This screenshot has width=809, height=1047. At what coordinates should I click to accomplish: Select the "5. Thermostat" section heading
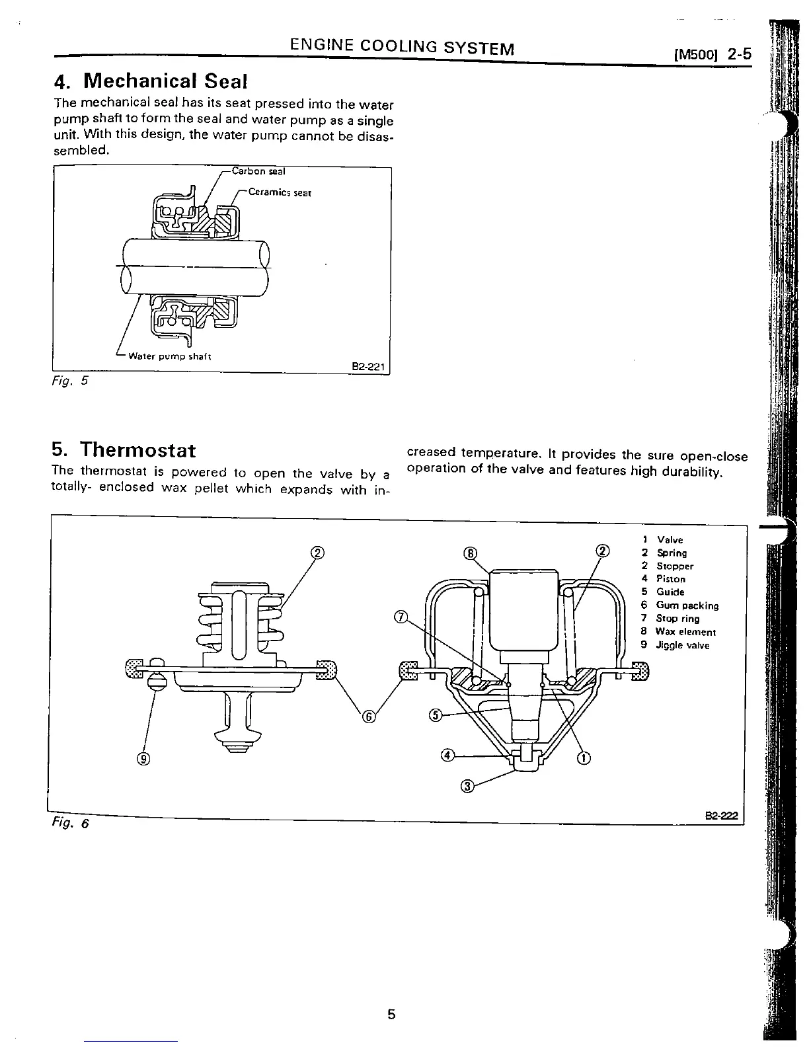tap(124, 450)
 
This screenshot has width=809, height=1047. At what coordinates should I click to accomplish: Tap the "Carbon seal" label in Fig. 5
tap(258, 172)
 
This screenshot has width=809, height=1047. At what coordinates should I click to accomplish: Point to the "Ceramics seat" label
tap(280, 193)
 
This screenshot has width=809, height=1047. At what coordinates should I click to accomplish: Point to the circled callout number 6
tap(369, 717)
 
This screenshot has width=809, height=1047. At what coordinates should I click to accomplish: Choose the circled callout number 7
tap(399, 617)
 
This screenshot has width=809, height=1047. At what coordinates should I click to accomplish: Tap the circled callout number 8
tap(470, 553)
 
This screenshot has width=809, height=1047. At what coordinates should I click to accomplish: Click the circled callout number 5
tap(435, 715)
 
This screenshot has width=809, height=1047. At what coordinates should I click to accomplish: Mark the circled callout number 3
tap(467, 786)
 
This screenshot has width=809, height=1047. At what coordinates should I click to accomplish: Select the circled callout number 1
tap(584, 757)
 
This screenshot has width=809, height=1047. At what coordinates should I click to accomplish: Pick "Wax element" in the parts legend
tap(685, 632)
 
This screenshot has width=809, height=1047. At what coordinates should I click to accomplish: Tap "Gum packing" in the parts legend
tap(687, 605)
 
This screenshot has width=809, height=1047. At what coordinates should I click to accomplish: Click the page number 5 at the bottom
tap(391, 1015)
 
